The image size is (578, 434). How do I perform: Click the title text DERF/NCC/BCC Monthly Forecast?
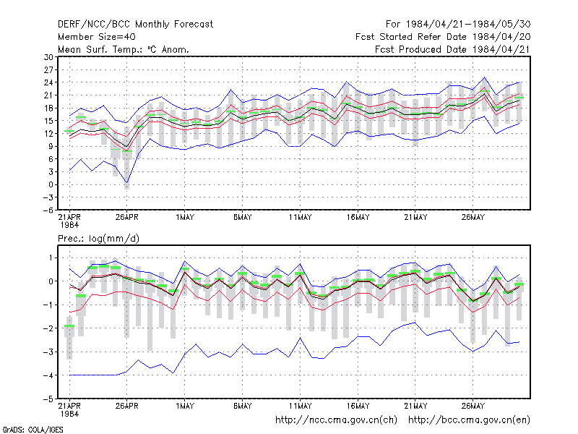[135, 25]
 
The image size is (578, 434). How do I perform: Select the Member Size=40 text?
[97, 37]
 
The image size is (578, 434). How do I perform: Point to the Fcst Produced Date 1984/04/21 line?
[453, 49]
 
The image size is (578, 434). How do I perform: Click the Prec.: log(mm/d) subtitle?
[98, 239]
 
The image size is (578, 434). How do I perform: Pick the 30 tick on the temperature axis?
[48, 57]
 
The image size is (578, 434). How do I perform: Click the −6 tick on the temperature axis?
[48, 210]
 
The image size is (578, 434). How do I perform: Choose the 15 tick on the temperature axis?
[48, 121]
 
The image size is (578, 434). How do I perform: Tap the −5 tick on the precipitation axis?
[48, 399]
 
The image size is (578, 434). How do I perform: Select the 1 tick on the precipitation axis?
[51, 258]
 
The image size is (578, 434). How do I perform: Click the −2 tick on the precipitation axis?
[48, 328]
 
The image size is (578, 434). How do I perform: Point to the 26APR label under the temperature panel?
[127, 218]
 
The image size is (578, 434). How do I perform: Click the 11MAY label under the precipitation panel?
[300, 406]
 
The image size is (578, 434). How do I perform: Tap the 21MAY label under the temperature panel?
[415, 218]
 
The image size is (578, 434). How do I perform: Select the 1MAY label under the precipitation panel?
[185, 406]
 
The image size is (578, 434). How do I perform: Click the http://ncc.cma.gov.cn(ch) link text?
[336, 420]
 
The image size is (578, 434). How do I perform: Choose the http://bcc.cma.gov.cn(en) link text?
[469, 420]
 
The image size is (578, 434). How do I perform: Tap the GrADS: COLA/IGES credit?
[33, 430]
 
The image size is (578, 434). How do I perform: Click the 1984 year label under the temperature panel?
[69, 225]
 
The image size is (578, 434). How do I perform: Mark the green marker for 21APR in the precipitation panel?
[69, 326]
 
